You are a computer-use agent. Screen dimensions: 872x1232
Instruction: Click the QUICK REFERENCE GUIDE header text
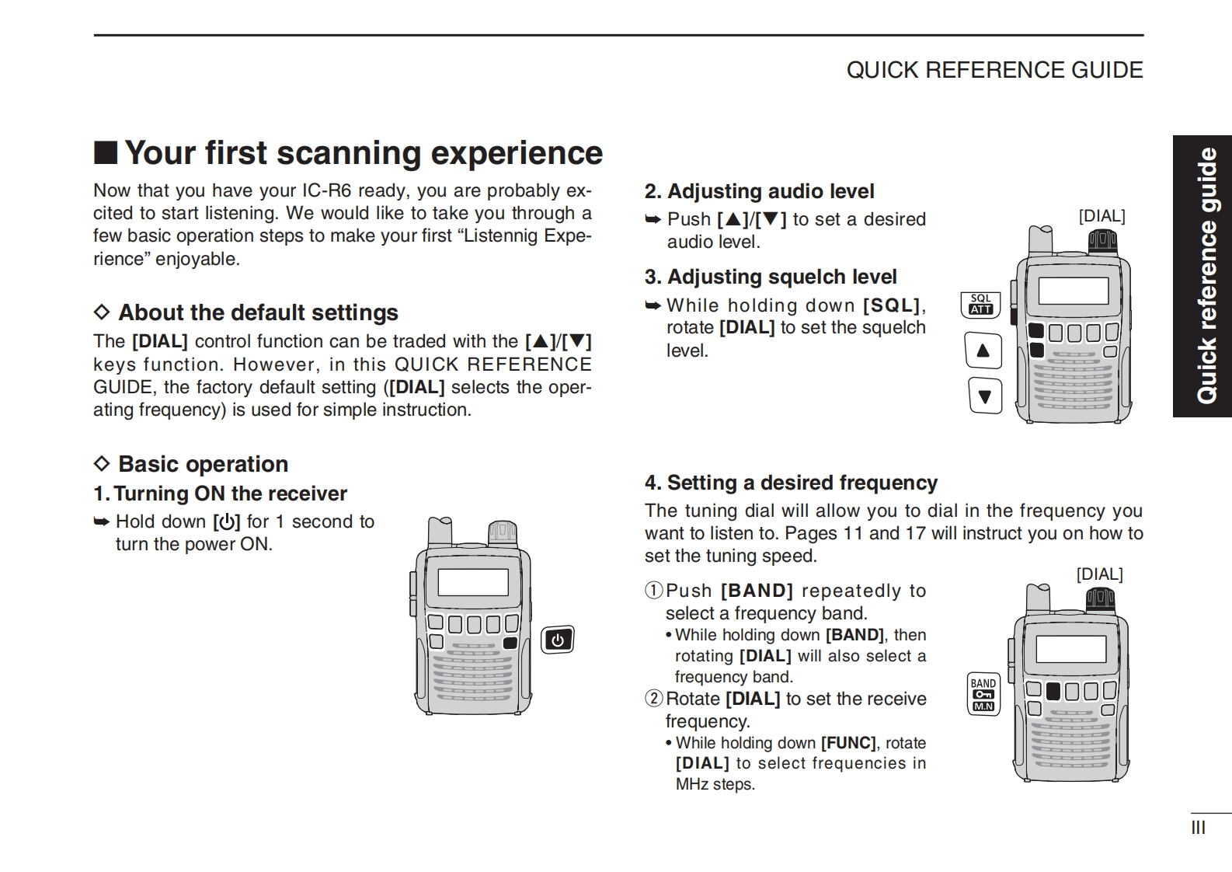click(x=994, y=70)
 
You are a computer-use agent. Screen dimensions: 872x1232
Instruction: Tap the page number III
click(x=1198, y=828)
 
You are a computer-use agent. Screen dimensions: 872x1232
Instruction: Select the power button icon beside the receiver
click(x=557, y=640)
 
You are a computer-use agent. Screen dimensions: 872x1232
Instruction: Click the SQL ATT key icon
click(x=980, y=304)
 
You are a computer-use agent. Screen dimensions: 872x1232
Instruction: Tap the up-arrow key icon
click(x=983, y=351)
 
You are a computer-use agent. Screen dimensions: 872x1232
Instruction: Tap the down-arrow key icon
click(x=985, y=396)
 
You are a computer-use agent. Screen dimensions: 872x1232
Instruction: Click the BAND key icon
click(x=983, y=693)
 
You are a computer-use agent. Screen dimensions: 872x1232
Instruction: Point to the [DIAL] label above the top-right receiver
click(x=1101, y=216)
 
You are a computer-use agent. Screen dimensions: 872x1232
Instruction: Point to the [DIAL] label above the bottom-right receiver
click(x=1099, y=574)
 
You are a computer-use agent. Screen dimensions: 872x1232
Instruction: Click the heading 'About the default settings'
click(x=258, y=312)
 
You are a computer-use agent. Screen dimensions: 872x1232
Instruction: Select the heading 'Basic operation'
click(x=203, y=464)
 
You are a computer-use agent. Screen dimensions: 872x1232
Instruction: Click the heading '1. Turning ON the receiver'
click(x=221, y=494)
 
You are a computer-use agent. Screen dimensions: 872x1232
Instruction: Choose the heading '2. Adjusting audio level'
click(x=759, y=191)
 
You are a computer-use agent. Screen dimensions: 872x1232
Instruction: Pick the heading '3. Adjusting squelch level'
click(x=770, y=277)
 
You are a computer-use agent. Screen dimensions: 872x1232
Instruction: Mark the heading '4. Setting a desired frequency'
click(x=791, y=483)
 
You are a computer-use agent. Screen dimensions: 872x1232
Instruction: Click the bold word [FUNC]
click(x=848, y=743)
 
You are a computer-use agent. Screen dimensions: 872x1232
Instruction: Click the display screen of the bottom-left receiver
click(x=472, y=582)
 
